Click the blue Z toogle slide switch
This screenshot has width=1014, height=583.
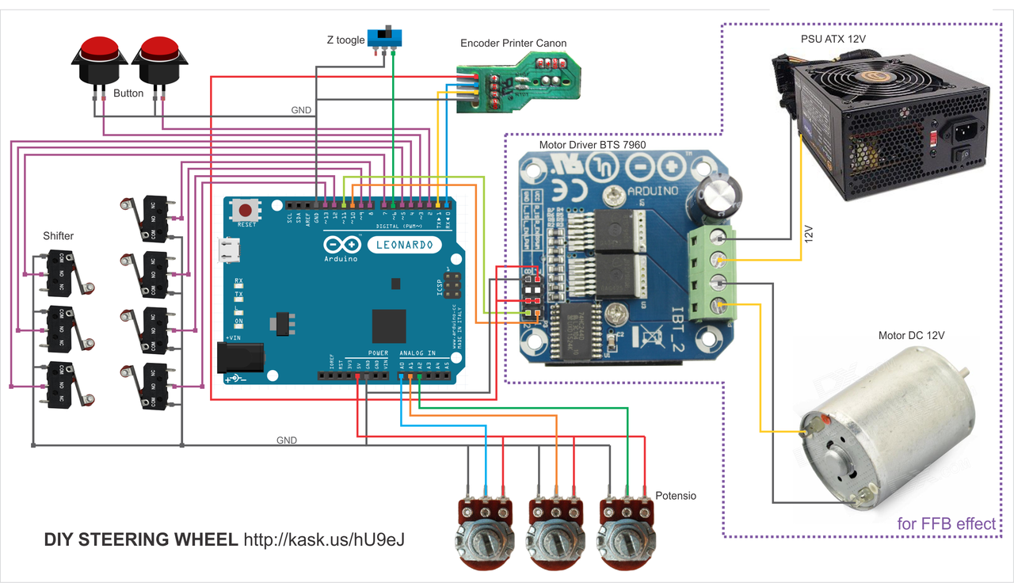pyautogui.click(x=390, y=36)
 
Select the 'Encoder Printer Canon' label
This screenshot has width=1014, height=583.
pyautogui.click(x=514, y=44)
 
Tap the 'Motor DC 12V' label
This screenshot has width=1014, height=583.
pyautogui.click(x=911, y=336)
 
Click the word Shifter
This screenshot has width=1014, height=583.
pyautogui.click(x=59, y=236)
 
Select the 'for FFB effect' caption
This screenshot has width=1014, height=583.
pyautogui.click(x=946, y=524)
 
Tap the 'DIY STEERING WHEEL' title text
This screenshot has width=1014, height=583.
pyautogui.click(x=140, y=540)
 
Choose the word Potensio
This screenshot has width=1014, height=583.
pyautogui.click(x=675, y=496)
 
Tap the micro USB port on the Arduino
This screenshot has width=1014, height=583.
pyautogui.click(x=230, y=251)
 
